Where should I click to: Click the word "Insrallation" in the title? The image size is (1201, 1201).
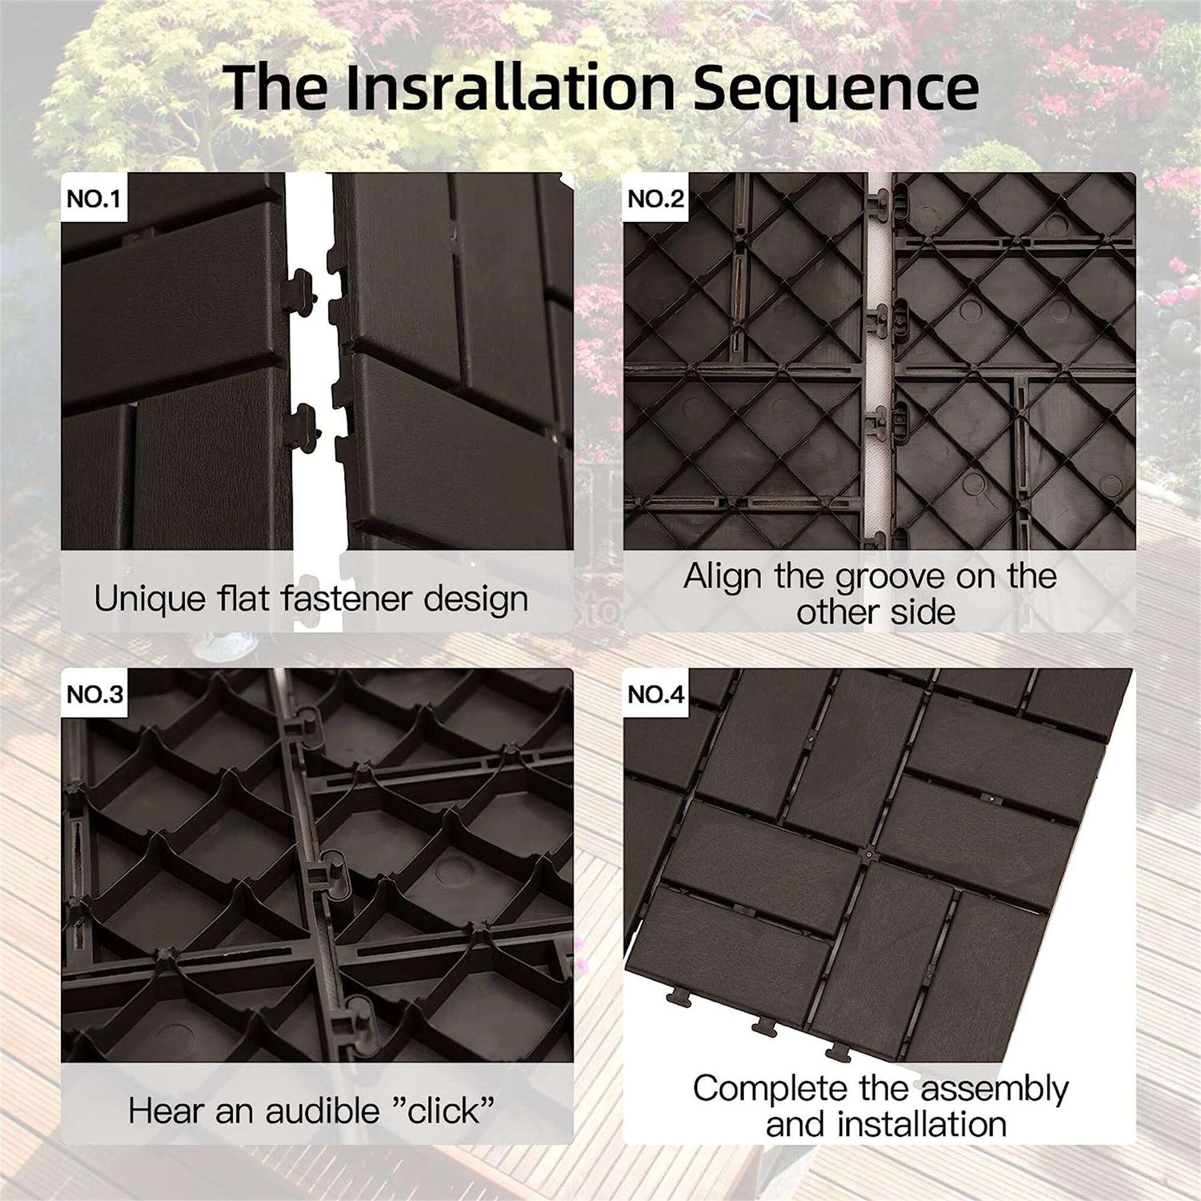pos(510,88)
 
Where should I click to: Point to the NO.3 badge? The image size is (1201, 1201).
pos(94,694)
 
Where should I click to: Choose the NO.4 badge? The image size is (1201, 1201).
pos(656,694)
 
